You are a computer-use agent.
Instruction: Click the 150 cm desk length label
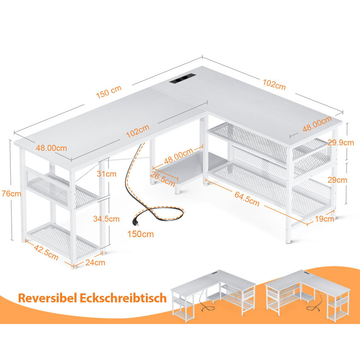tap(108, 92)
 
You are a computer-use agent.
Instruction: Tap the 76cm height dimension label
tap(11, 193)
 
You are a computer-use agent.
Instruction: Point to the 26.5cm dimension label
tap(162, 179)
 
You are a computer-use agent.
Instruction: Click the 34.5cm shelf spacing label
tap(106, 219)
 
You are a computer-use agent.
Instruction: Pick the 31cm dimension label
tap(107, 174)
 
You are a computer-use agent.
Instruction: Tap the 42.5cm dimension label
tap(46, 252)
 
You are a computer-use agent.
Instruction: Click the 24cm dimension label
tap(95, 262)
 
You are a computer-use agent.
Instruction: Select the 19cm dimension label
tap(324, 219)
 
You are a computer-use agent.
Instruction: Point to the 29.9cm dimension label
tap(341, 143)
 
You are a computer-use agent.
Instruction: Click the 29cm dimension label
tap(337, 180)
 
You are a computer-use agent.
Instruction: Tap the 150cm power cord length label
tap(140, 234)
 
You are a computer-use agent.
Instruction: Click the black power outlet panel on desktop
tap(182, 78)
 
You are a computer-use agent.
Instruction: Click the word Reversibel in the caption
tap(47, 298)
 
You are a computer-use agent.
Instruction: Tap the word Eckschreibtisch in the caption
tap(123, 298)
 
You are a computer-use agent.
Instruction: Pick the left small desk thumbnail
tap(213, 295)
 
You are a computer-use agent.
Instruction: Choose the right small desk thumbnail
tap(308, 295)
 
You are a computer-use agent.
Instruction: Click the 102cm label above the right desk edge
tap(274, 85)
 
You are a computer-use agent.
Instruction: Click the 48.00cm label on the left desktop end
tap(51, 148)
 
